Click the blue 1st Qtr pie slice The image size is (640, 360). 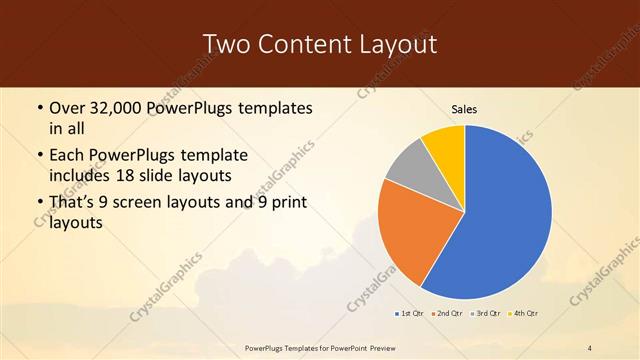(505, 215)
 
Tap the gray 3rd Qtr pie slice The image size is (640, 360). (409, 171)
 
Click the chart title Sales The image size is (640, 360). (465, 109)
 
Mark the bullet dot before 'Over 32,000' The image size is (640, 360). (39, 108)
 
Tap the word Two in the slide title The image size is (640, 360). (226, 44)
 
